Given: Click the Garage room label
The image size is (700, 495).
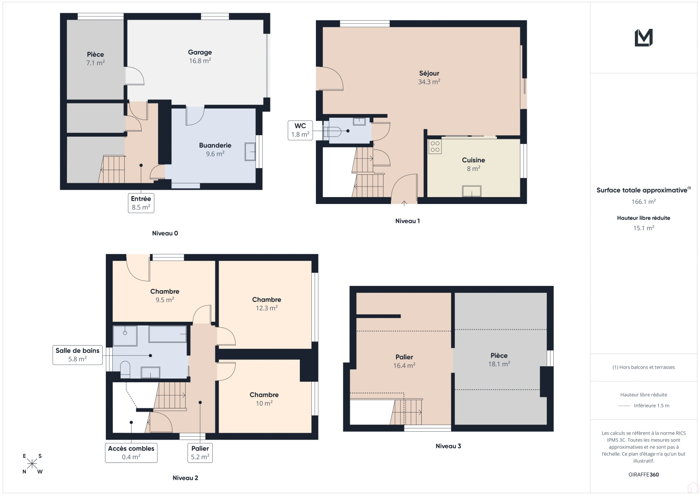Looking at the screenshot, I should (x=200, y=52).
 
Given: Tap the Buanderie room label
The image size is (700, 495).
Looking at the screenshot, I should (x=215, y=145).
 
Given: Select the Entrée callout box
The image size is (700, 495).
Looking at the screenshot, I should (x=141, y=203).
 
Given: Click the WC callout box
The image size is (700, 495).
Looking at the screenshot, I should (x=300, y=130).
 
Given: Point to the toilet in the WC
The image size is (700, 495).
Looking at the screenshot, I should (x=332, y=132).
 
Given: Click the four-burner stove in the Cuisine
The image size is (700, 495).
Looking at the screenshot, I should (x=435, y=147).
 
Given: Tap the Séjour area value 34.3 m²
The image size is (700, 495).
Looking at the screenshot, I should (x=429, y=82).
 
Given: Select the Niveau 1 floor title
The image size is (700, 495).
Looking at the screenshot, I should (x=407, y=221).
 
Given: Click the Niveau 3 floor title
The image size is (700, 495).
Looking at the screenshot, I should (x=448, y=446).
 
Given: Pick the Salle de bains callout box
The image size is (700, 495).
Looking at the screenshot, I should (x=77, y=355).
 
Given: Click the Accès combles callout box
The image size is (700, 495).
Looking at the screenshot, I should (x=131, y=453).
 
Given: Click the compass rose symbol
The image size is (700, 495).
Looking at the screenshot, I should (x=33, y=464).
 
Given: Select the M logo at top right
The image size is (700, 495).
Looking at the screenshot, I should (x=644, y=38).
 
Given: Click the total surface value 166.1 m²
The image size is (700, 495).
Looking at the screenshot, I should (x=644, y=202).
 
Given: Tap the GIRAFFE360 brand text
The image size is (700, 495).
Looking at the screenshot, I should (x=644, y=475).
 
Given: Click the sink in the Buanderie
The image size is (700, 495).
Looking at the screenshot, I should (x=250, y=152).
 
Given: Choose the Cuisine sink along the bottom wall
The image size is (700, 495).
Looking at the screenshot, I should (x=472, y=191).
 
